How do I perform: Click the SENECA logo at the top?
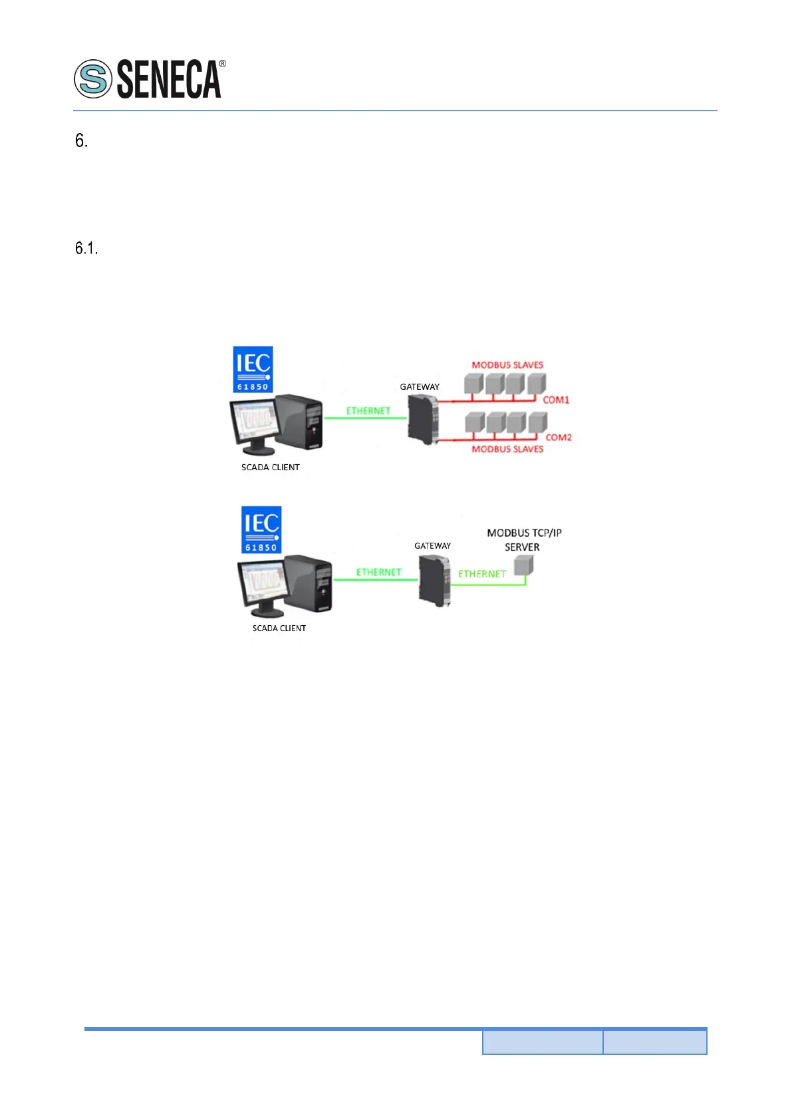click(150, 79)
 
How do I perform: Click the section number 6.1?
click(86, 249)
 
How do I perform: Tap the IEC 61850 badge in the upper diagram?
click(253, 369)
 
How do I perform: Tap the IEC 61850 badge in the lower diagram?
click(261, 530)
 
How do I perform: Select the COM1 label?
click(556, 400)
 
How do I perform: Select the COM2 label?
click(559, 437)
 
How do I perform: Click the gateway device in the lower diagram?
click(434, 580)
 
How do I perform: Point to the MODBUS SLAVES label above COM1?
click(507, 364)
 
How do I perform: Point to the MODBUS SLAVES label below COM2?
click(507, 449)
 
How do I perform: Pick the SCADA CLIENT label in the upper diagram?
click(270, 467)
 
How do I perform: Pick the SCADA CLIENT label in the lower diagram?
click(279, 628)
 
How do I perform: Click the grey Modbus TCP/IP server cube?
click(524, 565)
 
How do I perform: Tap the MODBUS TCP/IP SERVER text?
click(523, 539)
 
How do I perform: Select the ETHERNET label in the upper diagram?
click(368, 410)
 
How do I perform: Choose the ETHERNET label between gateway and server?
click(481, 573)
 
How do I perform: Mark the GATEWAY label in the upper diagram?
click(419, 386)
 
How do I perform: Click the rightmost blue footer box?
click(654, 1042)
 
